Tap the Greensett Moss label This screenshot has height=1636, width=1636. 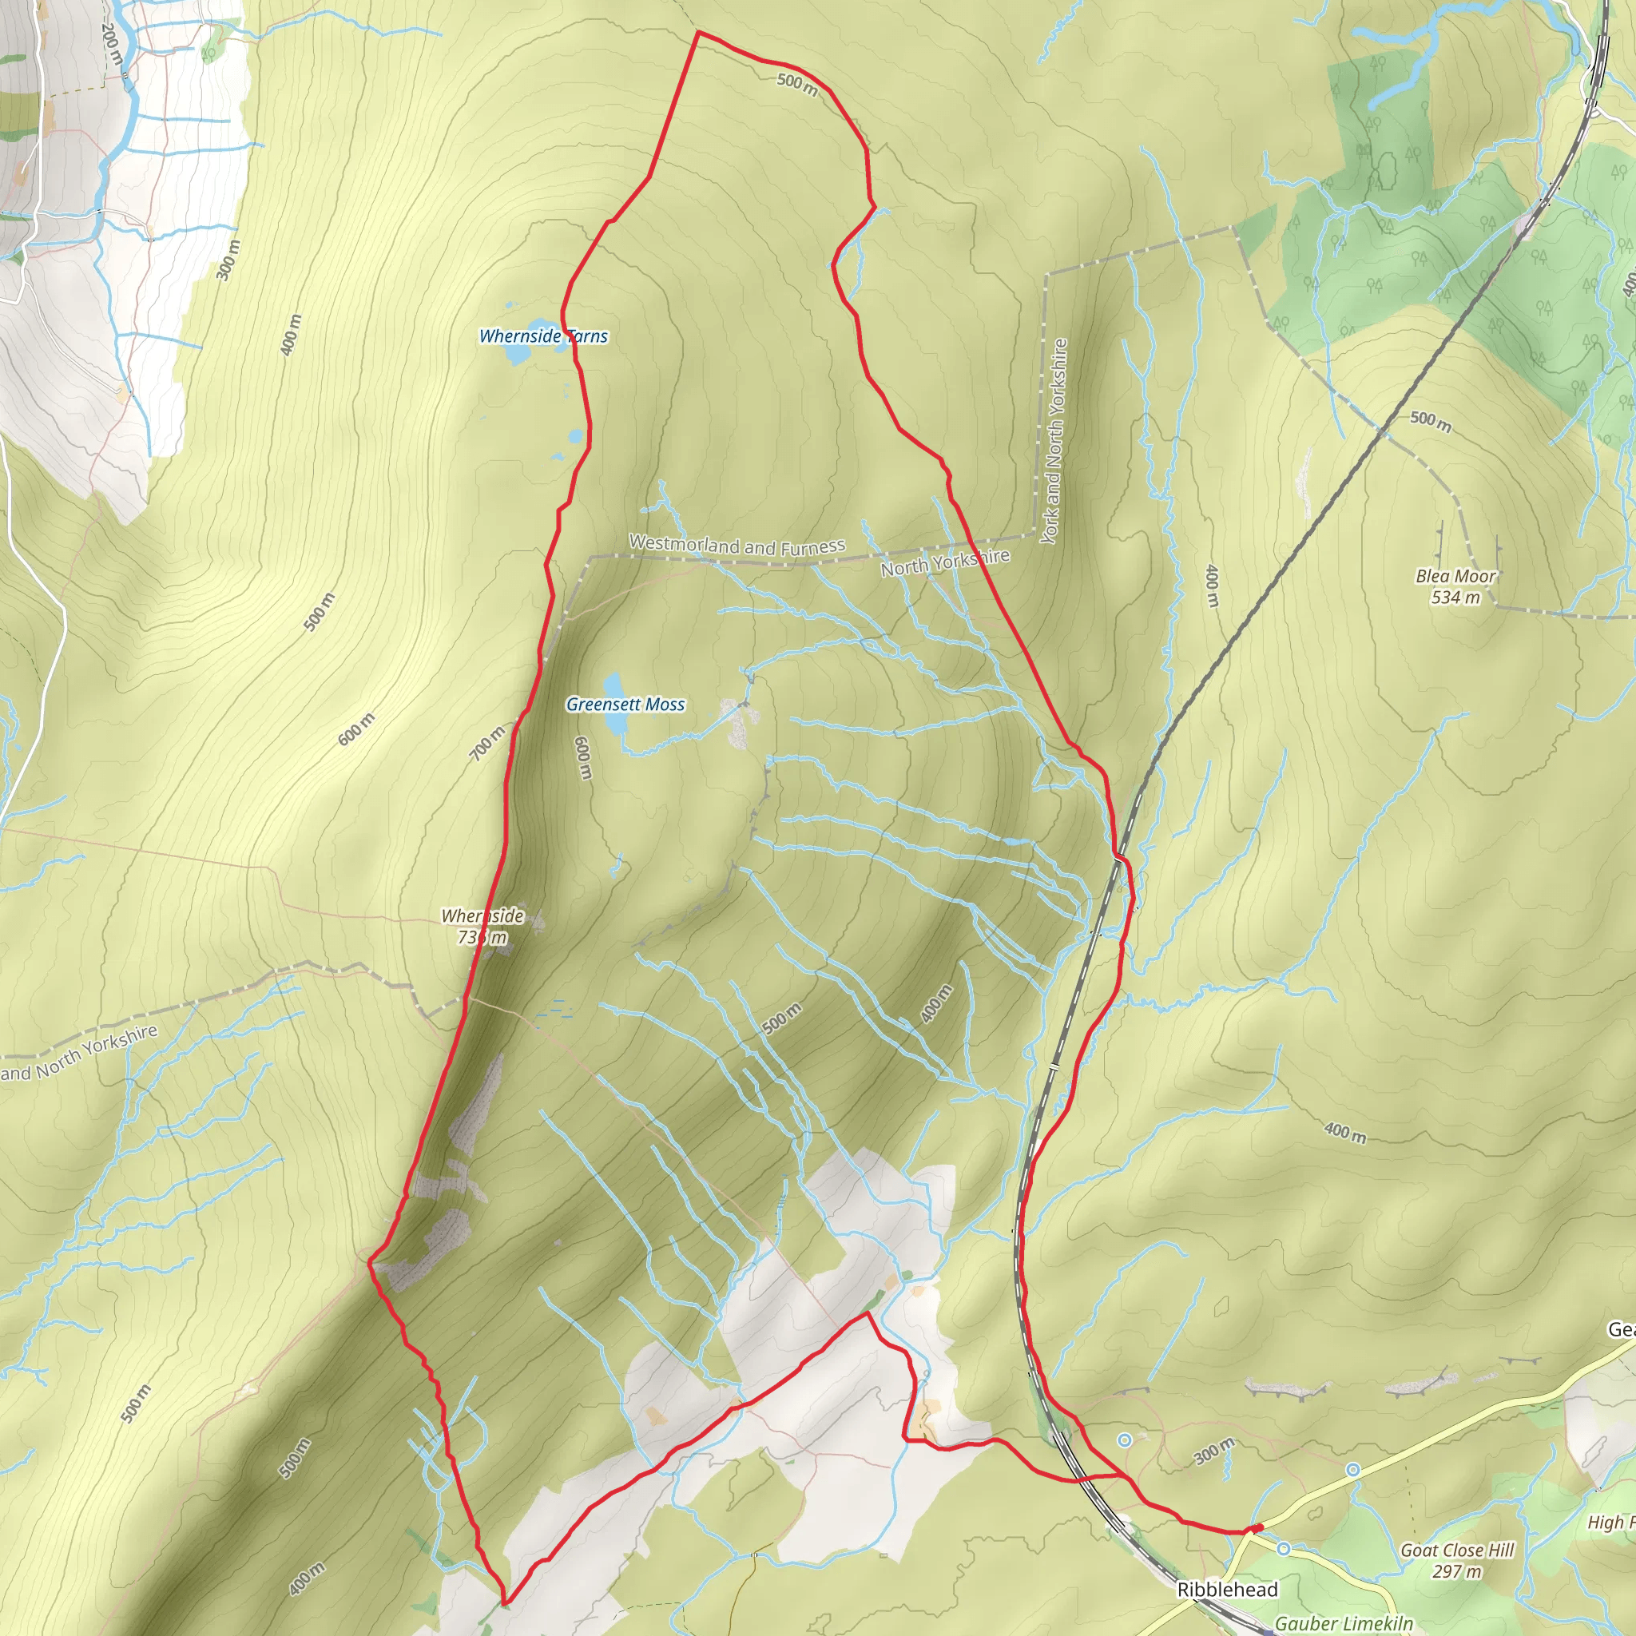coord(625,705)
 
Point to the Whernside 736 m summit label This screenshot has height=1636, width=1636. coord(482,927)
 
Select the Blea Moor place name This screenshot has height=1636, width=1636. coord(1455,577)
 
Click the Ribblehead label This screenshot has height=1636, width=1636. coord(1227,1590)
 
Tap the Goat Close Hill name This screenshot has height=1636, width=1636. coord(1457,1527)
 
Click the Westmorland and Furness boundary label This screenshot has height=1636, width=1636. coord(737,546)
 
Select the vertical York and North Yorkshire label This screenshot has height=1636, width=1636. coord(1054,441)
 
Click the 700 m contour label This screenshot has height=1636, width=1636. coord(487,744)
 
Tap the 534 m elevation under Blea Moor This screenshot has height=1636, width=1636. coord(1455,598)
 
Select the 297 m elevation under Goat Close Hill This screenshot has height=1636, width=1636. coord(1456,1548)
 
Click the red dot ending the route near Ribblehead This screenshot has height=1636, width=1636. coord(1257,1527)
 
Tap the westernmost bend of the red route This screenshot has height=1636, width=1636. coord(371,1261)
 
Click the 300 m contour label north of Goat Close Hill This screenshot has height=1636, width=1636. coord(1214,1451)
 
